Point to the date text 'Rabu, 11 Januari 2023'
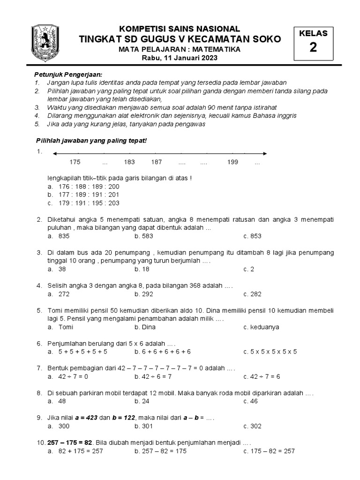point(180,58)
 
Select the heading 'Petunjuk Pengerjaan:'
point(68,75)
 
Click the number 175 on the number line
point(75,162)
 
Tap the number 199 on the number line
point(232,162)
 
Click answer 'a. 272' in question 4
point(58,294)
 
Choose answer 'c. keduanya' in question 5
point(261,327)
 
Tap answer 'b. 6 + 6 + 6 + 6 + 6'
point(163,352)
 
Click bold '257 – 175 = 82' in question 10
point(70,442)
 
